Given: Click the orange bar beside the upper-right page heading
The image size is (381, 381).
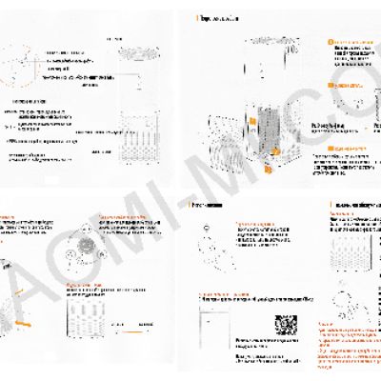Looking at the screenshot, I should pyautogui.click(x=196, y=18).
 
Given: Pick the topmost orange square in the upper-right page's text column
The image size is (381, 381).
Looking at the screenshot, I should pyautogui.click(x=330, y=41).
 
